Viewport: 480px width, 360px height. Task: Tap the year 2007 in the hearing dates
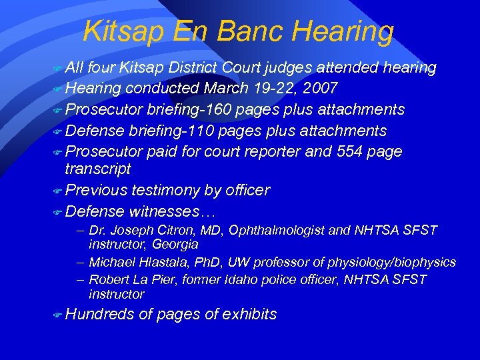319,88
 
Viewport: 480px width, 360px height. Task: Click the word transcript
98,169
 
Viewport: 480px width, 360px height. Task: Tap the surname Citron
173,230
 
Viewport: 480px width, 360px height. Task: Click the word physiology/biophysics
393,262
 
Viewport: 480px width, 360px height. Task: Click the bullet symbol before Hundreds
57,315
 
